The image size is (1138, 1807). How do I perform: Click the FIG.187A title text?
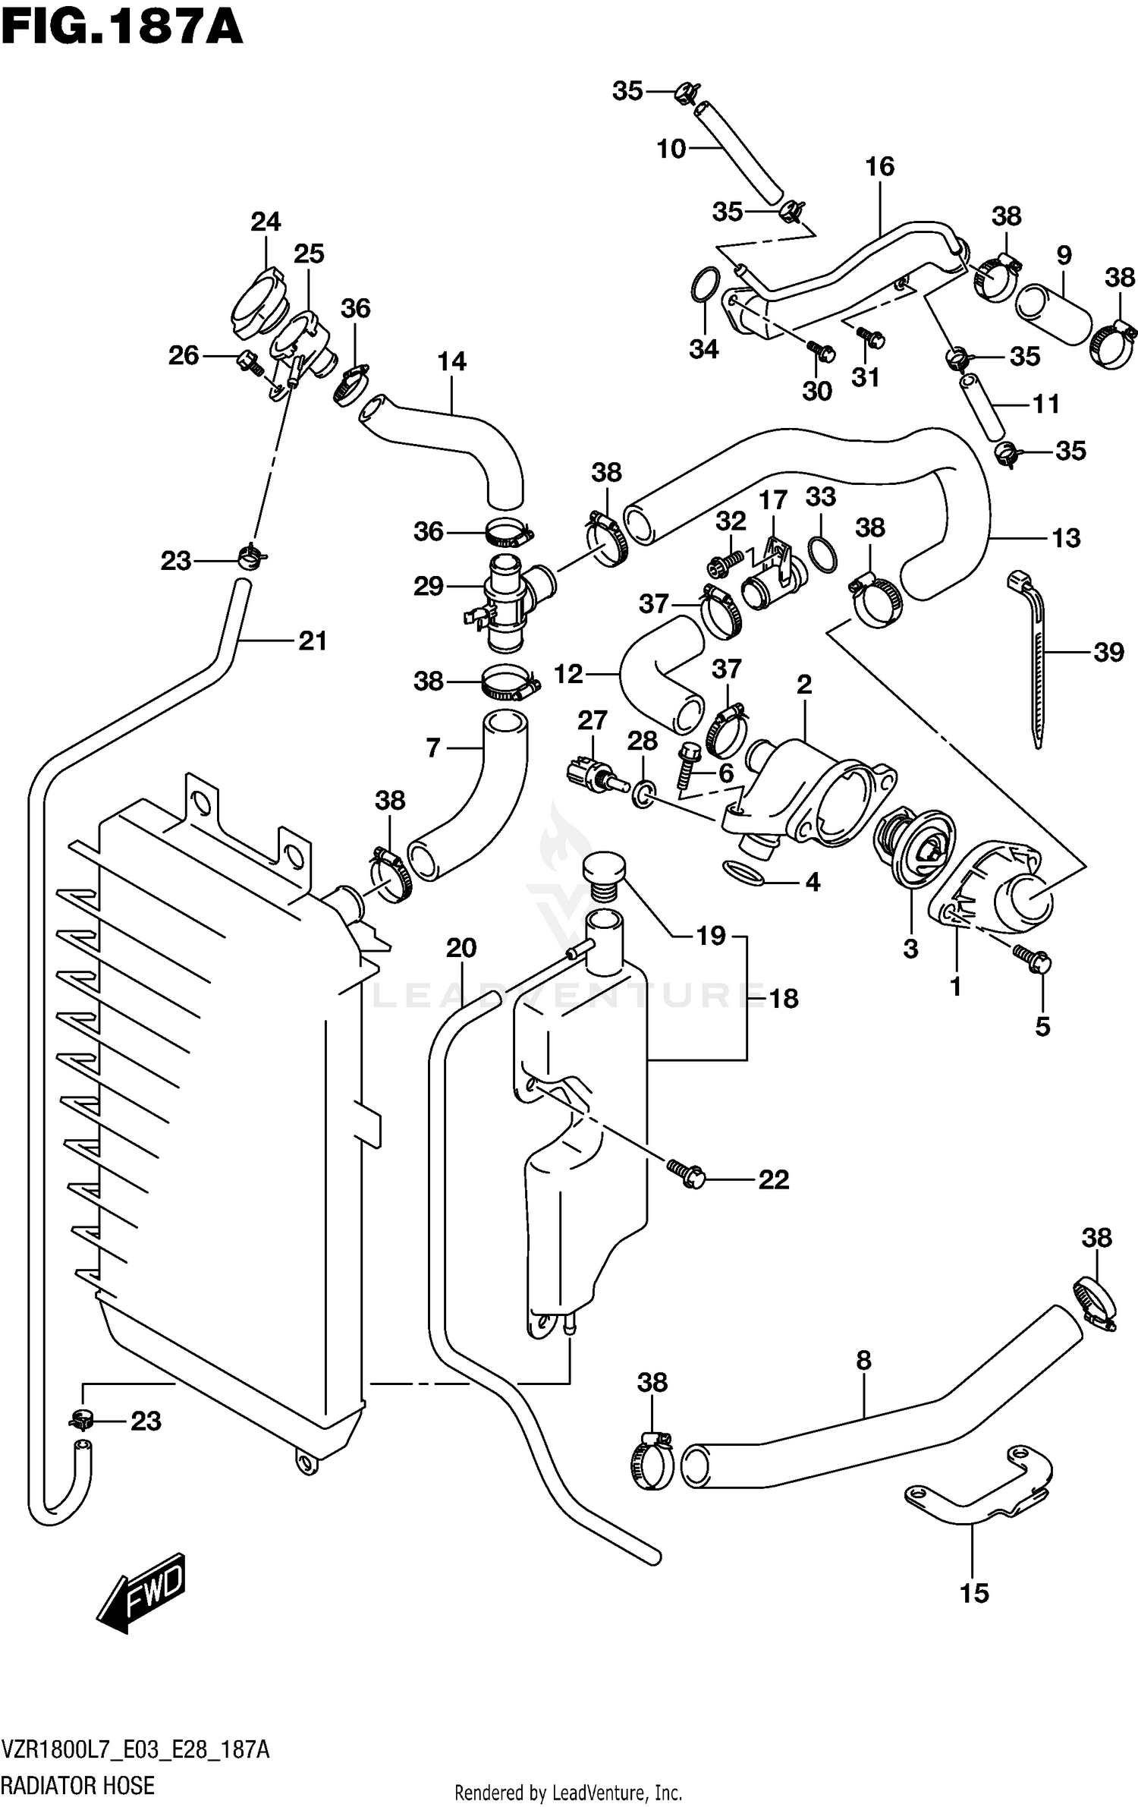[x=121, y=29]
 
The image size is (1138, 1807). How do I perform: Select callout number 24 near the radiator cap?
[x=266, y=222]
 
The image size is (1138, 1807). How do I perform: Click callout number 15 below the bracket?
[x=974, y=1592]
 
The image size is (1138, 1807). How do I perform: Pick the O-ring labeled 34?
[x=704, y=285]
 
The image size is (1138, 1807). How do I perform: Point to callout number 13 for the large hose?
[x=1066, y=538]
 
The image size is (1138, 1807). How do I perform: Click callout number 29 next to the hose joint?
[x=429, y=586]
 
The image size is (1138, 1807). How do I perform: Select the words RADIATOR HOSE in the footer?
[x=78, y=1785]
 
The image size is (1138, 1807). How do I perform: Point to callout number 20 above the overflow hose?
[x=461, y=948]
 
